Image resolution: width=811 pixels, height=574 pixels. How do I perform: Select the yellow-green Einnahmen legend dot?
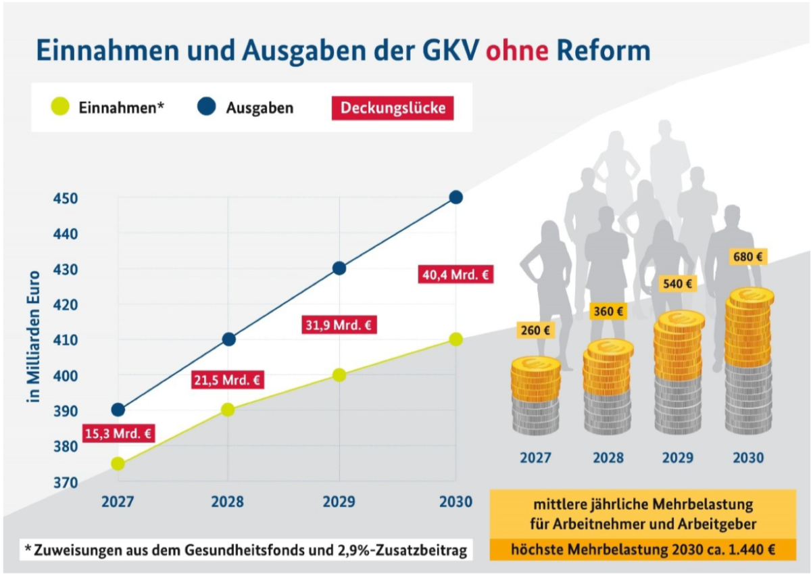tap(60, 107)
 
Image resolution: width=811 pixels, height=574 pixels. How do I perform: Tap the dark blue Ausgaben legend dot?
tap(207, 107)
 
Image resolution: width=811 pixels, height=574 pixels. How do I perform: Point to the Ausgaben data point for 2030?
tap(456, 197)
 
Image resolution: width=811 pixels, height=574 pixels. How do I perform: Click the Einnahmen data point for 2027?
tap(118, 463)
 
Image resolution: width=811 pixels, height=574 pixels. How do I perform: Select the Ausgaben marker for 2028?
tap(228, 339)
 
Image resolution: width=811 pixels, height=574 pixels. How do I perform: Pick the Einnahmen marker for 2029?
tap(339, 375)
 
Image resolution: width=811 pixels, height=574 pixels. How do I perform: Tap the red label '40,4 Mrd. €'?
tap(456, 275)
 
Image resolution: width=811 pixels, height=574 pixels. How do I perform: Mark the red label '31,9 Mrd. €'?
tap(338, 325)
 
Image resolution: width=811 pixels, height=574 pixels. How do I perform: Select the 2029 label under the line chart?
tap(339, 502)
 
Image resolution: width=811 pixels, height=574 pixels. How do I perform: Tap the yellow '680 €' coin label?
tap(748, 258)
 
